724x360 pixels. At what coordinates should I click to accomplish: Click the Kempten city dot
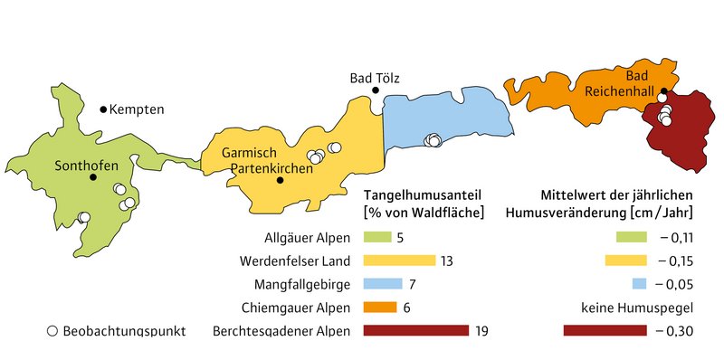(x=103, y=109)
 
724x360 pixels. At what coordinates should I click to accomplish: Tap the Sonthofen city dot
(x=92, y=177)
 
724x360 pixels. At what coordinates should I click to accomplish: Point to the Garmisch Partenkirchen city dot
(x=281, y=180)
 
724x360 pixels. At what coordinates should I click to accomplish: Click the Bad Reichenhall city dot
(x=662, y=90)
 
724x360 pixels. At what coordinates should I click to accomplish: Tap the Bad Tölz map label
(x=375, y=78)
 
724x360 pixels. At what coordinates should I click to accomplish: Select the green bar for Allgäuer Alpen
(x=376, y=238)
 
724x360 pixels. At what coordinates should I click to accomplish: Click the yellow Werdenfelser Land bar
(x=398, y=261)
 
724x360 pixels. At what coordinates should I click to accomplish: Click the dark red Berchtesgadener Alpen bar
(x=415, y=330)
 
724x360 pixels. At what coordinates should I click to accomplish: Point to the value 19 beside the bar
(x=481, y=330)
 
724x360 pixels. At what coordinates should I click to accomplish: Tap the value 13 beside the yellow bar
(x=445, y=261)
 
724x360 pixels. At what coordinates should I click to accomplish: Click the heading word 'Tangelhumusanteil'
(x=421, y=195)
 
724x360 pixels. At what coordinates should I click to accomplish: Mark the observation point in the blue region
(x=434, y=140)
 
